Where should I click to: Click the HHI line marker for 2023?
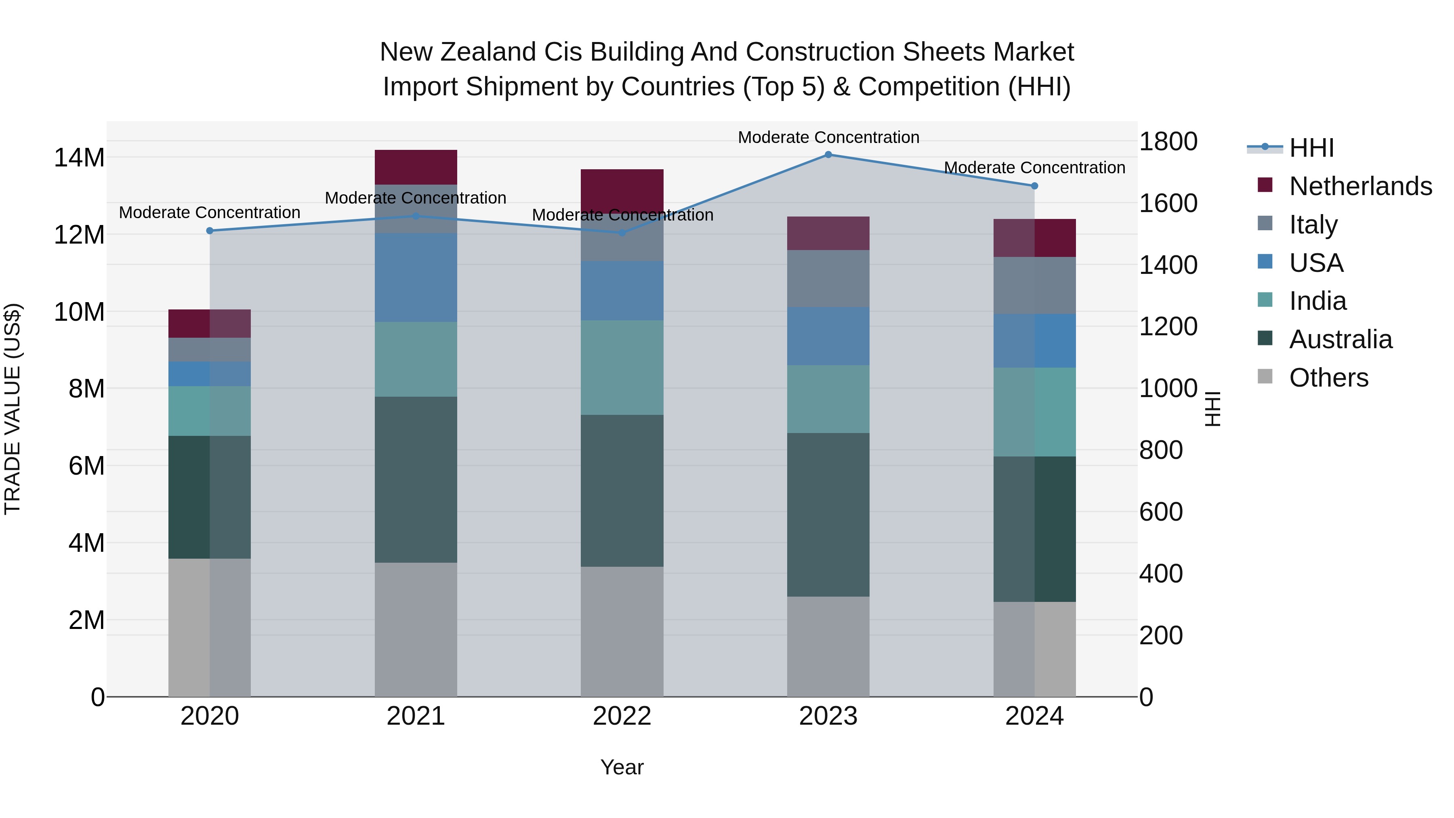(x=828, y=154)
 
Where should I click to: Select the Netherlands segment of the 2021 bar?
(x=416, y=167)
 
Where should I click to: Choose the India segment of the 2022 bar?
(x=622, y=368)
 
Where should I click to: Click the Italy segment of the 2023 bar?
(x=828, y=278)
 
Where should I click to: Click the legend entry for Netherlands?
(x=1360, y=186)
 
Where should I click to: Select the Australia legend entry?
(x=1341, y=339)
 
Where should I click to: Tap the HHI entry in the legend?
(x=1311, y=148)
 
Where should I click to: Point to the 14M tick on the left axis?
(x=79, y=158)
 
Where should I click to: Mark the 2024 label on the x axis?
(x=1034, y=716)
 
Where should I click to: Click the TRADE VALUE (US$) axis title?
(x=13, y=409)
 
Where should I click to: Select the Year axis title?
(x=622, y=767)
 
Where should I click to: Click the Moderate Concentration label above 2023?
(x=828, y=137)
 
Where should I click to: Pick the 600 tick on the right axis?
(x=1160, y=512)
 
